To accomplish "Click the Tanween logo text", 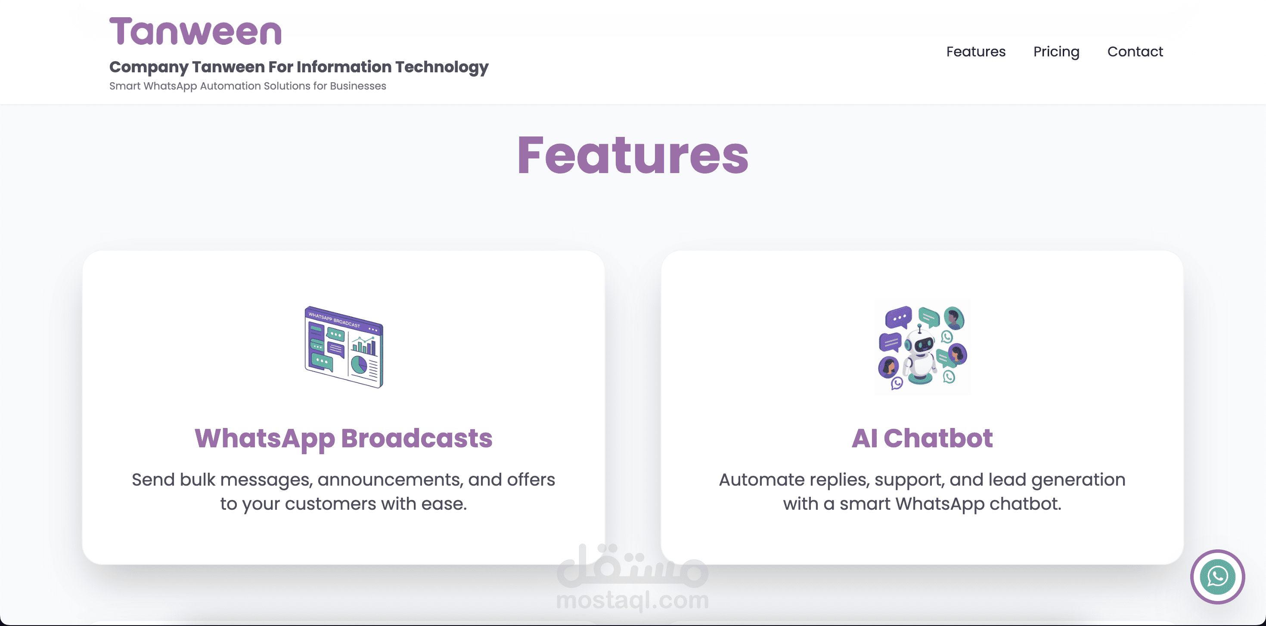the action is (195, 31).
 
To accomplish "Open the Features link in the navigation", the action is (975, 52).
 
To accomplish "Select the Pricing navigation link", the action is (1056, 52).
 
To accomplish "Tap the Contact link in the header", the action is (1135, 52).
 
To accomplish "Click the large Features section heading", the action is (633, 155).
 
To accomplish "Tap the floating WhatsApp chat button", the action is (1217, 576).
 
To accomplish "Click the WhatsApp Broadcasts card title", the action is (344, 439).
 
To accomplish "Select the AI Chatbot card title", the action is (922, 438).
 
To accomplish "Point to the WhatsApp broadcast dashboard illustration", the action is (344, 347).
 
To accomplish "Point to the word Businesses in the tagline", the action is (358, 86).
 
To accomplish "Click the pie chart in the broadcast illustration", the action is (359, 365).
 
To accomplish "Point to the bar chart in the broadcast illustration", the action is (364, 345).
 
